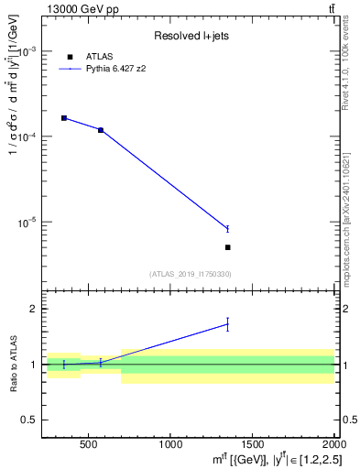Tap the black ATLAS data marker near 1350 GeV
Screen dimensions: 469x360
coord(227,247)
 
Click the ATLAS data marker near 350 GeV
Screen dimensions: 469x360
coord(64,118)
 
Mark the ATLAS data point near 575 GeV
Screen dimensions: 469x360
coord(101,130)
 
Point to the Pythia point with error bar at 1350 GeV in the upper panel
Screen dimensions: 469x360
coord(227,228)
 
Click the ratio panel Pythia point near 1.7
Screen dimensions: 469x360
coord(227,323)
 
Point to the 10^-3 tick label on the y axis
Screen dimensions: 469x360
coord(27,51)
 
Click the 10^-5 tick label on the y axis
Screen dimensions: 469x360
coord(27,223)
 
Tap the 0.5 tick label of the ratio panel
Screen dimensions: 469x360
coord(29,420)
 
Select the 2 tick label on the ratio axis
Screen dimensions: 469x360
coord(34,309)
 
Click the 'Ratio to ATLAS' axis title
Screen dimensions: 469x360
coord(11,365)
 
